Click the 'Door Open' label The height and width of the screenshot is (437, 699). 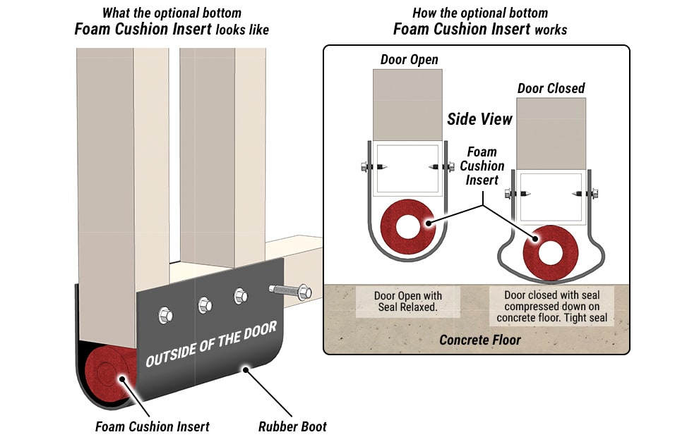[409, 60]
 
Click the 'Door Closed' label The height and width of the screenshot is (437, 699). [551, 88]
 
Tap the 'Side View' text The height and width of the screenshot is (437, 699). [479, 119]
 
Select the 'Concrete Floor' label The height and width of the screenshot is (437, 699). [480, 340]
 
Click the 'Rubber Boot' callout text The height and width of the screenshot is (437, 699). [292, 426]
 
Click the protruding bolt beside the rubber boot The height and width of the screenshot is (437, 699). [290, 290]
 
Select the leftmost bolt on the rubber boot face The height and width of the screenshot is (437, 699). [165, 315]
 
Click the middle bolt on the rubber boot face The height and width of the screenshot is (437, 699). [204, 305]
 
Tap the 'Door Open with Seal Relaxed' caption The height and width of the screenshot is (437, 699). [398, 302]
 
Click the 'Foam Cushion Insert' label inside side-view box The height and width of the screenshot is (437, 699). [482, 166]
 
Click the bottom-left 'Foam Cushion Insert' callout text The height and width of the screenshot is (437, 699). [153, 426]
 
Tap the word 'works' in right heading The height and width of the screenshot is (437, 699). [551, 30]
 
